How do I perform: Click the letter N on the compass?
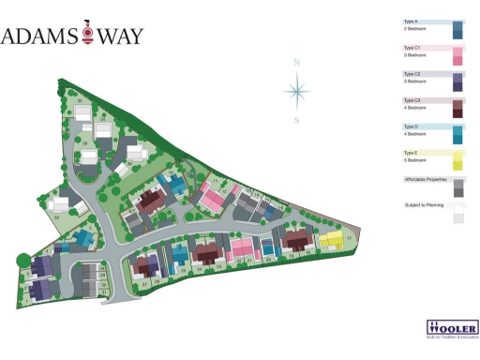pos(297,63)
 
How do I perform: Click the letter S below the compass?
pos(297,120)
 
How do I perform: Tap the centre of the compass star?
pos(297,91)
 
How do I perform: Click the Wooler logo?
pos(453,329)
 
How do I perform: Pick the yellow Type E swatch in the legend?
pos(457,161)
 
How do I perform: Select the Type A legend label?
pos(411,21)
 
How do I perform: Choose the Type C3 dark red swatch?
pos(457,109)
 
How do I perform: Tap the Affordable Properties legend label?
pos(424,178)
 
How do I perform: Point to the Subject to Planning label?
pos(424,204)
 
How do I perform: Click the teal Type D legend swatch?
pos(457,135)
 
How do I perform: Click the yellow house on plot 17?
pos(331,240)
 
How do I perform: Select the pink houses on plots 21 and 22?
pos(243,248)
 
